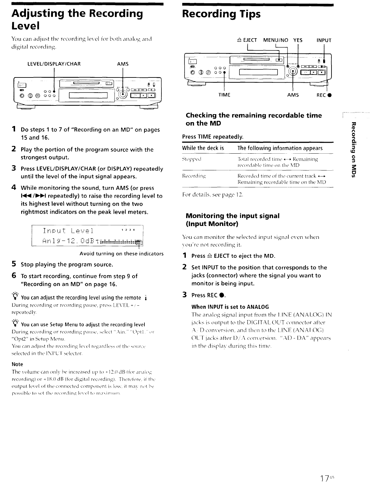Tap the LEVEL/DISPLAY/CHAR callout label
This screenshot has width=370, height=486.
pos(54,64)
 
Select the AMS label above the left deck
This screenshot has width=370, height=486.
pos(123,64)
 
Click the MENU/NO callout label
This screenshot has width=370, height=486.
pos(276,40)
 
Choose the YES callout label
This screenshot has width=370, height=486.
pos(298,40)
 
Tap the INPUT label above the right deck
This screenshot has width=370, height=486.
pos(324,40)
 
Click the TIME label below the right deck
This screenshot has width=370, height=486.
pos(224,95)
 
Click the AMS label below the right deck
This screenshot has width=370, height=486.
pos(293,95)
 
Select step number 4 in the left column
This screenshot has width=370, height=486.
pos(14,187)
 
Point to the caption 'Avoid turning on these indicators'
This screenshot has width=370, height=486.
pos(121,254)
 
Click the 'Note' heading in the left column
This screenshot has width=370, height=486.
pos(17,364)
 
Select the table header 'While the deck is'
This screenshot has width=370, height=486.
pos(203,148)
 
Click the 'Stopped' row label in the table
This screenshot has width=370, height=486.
pos(192,159)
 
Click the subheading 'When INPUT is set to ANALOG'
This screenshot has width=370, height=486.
pos(230,307)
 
